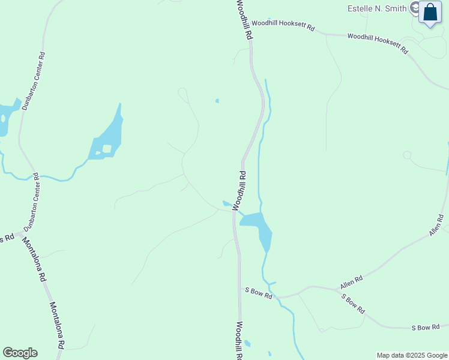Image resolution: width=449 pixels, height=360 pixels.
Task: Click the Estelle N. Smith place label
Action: tap(376, 8)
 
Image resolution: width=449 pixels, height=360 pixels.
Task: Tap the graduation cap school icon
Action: tap(414, 8)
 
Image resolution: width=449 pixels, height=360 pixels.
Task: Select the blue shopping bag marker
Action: tap(430, 13)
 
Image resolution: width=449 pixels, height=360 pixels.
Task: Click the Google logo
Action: tap(20, 353)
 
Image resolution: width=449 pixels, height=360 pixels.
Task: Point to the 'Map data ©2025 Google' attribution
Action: tap(412, 355)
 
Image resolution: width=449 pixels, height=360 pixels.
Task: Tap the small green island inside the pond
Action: tap(107, 148)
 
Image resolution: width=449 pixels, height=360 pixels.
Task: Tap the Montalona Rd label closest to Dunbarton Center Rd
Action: tap(35, 260)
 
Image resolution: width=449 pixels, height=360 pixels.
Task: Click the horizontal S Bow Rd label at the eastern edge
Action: tap(429, 327)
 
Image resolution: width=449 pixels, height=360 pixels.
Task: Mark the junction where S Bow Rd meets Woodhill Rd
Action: tap(240, 289)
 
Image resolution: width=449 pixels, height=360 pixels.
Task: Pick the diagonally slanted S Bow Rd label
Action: tap(353, 304)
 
